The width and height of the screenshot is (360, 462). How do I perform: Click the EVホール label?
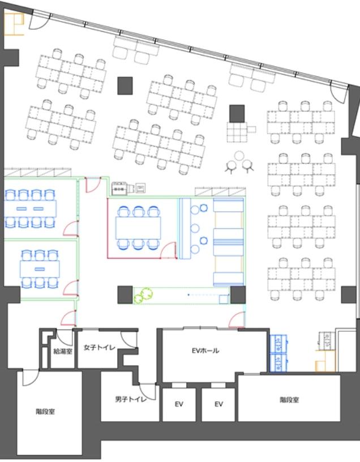pyautogui.click(x=205, y=350)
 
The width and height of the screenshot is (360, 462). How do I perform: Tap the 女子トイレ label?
pyautogui.click(x=99, y=348)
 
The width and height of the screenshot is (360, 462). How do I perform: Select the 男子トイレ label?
pyautogui.click(x=131, y=399)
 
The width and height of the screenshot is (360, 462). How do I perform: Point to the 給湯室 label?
pyautogui.click(x=63, y=351)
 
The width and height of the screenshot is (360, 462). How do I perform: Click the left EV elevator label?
pyautogui.click(x=179, y=404)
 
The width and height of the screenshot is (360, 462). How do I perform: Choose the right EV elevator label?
pyautogui.click(x=218, y=404)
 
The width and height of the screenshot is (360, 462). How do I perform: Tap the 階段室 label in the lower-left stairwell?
pyautogui.click(x=45, y=412)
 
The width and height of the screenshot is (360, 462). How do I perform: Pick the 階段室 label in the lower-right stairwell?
pyautogui.click(x=289, y=400)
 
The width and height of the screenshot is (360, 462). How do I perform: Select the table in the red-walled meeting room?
pyautogui.click(x=138, y=228)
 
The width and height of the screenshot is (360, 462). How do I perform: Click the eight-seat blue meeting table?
pyautogui.click(x=30, y=208)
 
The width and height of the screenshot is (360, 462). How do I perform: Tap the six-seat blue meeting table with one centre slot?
pyautogui.click(x=40, y=269)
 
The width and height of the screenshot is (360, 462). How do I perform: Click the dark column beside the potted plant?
pyautogui.click(x=125, y=294)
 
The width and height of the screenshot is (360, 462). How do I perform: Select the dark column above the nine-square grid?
pyautogui.click(x=237, y=113)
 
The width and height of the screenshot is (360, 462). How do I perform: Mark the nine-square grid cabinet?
pyautogui.click(x=237, y=132)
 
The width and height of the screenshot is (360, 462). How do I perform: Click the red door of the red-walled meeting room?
pyautogui.click(x=169, y=250)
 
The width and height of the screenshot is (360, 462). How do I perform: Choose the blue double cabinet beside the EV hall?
pyautogui.click(x=278, y=353)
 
